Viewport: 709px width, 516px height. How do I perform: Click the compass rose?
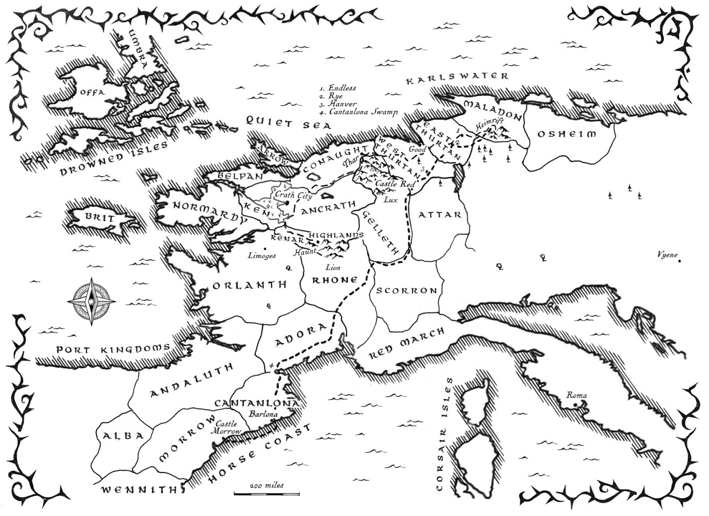tap(90, 301)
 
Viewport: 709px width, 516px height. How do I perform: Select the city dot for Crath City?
tap(288, 204)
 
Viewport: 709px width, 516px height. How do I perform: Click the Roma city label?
tap(576, 396)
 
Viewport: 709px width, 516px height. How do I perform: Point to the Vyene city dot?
tap(680, 261)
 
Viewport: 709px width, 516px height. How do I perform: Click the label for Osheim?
tap(566, 134)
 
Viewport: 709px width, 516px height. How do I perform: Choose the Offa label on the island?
tap(90, 92)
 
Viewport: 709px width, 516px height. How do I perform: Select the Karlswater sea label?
tap(457, 78)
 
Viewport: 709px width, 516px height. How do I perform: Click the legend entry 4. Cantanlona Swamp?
tap(358, 112)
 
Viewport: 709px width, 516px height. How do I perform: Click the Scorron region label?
tap(406, 290)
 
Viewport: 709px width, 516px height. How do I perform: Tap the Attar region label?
tap(439, 215)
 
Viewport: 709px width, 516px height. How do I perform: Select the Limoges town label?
tap(261, 256)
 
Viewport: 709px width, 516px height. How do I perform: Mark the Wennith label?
tap(140, 489)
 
